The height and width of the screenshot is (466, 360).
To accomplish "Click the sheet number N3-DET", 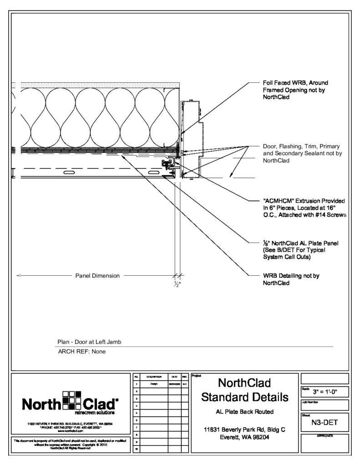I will tap(324, 423).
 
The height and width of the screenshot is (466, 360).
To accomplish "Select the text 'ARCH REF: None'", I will tap(81, 351).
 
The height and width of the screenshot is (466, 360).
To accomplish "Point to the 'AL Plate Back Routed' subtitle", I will tap(245, 412).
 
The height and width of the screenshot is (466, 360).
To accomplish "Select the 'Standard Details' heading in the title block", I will tap(245, 397).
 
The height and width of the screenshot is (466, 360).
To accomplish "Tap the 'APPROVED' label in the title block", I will tap(324, 436).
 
